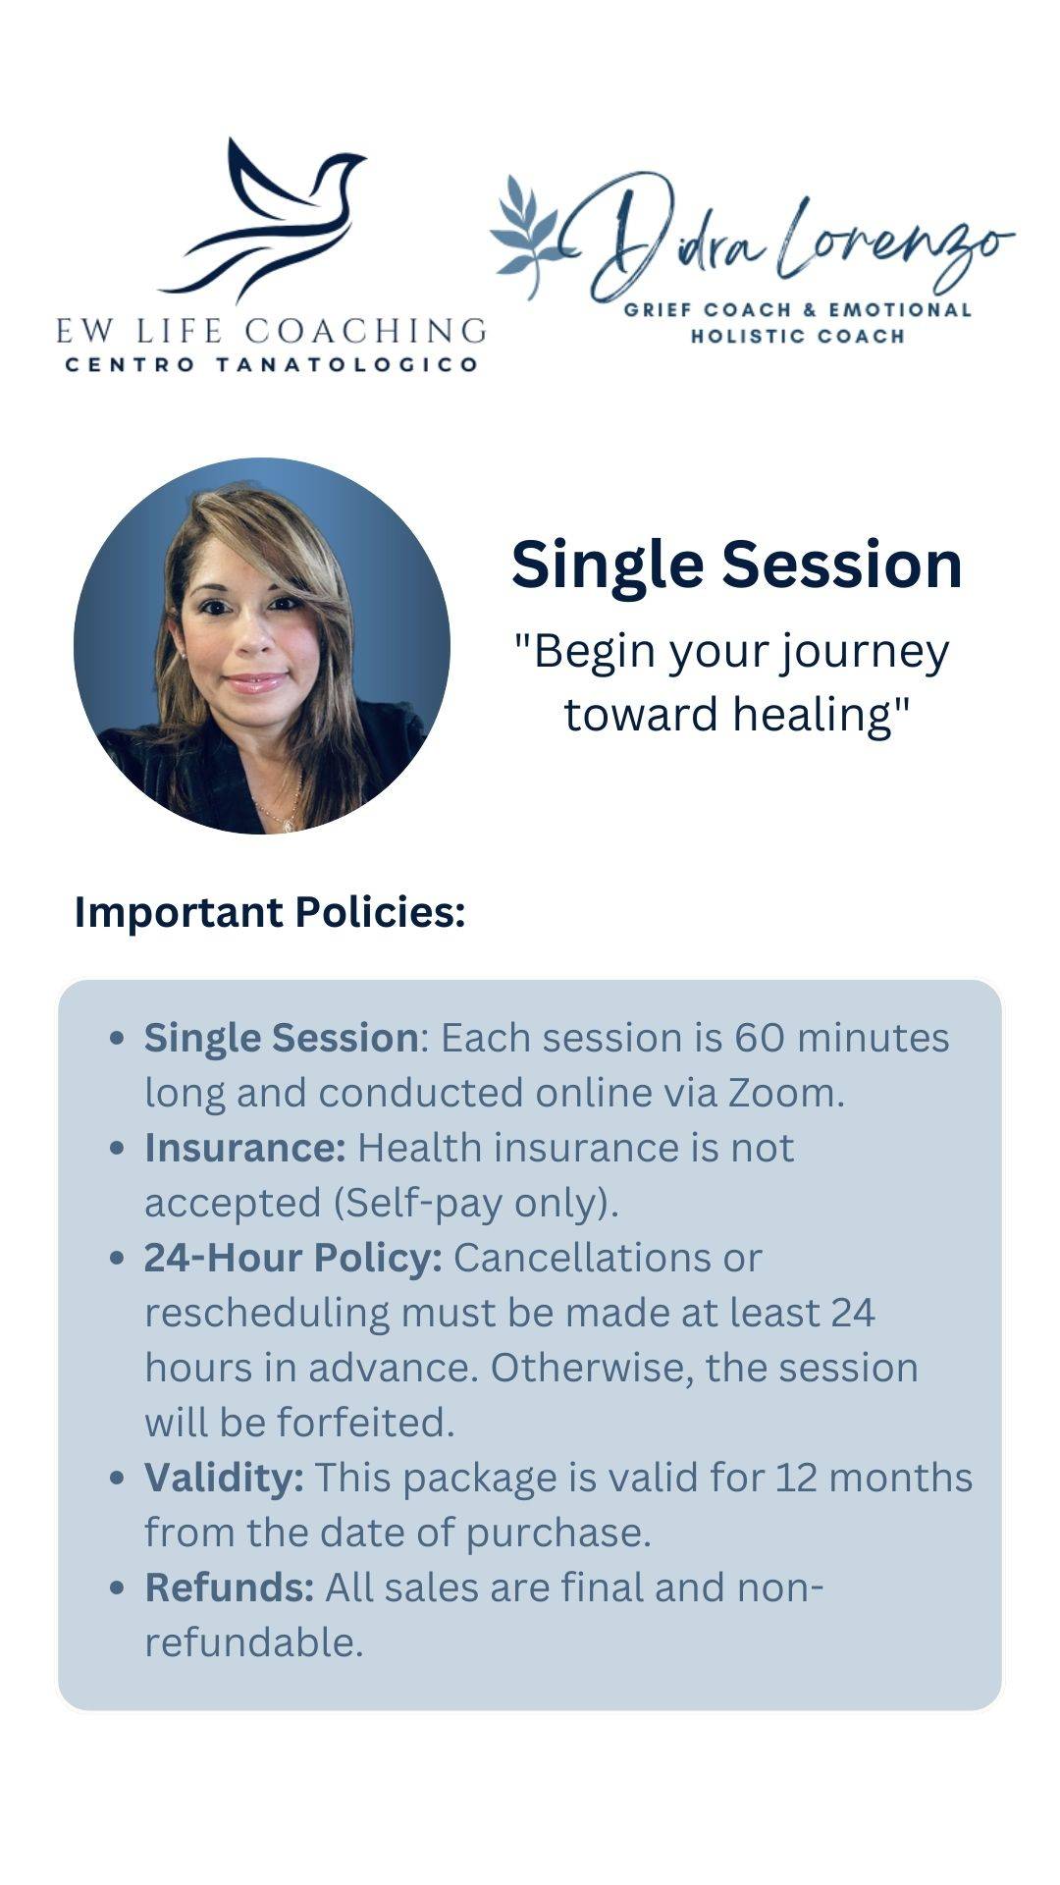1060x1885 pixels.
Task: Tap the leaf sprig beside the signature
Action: click(530, 236)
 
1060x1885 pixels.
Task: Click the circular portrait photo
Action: click(262, 645)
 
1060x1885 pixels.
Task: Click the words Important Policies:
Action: click(270, 912)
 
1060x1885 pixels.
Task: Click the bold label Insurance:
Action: click(245, 1148)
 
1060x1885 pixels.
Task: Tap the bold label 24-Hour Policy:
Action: click(293, 1258)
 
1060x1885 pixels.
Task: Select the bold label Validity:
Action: click(224, 1478)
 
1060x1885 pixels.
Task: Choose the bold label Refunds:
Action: click(230, 1588)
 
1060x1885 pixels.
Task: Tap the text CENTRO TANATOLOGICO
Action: click(271, 364)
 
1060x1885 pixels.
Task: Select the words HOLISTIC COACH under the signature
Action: click(797, 336)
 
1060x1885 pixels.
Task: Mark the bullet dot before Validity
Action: click(118, 1478)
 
